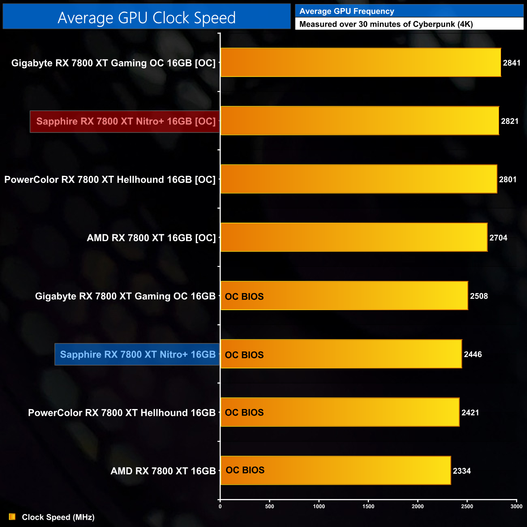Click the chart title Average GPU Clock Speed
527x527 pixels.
pyautogui.click(x=146, y=17)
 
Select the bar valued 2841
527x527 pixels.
pyautogui.click(x=361, y=62)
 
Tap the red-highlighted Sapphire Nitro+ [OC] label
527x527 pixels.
pyautogui.click(x=125, y=121)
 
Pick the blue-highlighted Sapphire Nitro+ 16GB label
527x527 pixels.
pyautogui.click(x=137, y=354)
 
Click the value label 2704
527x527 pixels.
pyautogui.click(x=498, y=238)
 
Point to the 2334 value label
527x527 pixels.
pyautogui.click(x=462, y=471)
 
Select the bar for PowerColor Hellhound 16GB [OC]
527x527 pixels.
pyautogui.click(x=359, y=179)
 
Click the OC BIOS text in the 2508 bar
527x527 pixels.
pyautogui.click(x=244, y=297)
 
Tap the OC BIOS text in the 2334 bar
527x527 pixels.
pyautogui.click(x=245, y=470)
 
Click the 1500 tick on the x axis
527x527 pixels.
pyautogui.click(x=368, y=506)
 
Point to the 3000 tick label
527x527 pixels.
pyautogui.click(x=516, y=506)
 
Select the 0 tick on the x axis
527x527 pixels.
pyautogui.click(x=220, y=506)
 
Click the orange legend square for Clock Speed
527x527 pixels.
pyautogui.click(x=12, y=517)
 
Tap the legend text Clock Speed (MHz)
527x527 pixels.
pyautogui.click(x=58, y=517)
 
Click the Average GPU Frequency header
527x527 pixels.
pyautogui.click(x=347, y=11)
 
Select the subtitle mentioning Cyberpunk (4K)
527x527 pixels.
pyautogui.click(x=386, y=24)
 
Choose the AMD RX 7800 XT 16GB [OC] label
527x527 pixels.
pyautogui.click(x=151, y=238)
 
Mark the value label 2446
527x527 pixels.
pyautogui.click(x=473, y=354)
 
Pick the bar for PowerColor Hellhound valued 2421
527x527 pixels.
pyautogui.click(x=340, y=412)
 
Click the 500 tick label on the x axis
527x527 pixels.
pyautogui.click(x=270, y=506)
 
